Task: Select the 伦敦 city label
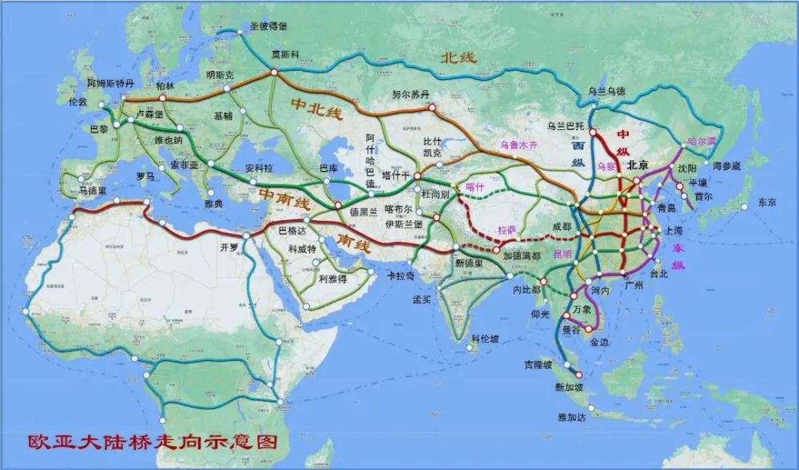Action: click(x=78, y=102)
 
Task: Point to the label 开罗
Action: click(x=229, y=247)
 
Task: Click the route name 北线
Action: click(x=459, y=57)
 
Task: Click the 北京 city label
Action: click(x=638, y=166)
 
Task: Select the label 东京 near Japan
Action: click(x=766, y=202)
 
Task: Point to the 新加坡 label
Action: click(x=569, y=387)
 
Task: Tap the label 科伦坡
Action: click(x=485, y=338)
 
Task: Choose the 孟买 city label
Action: click(x=422, y=300)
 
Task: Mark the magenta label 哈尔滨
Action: click(x=703, y=140)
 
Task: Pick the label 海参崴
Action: click(x=726, y=166)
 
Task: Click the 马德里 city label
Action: click(x=93, y=191)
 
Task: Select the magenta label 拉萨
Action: click(x=508, y=228)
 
